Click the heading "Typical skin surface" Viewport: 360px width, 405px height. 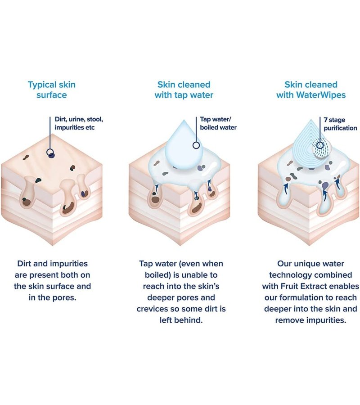coord(52,90)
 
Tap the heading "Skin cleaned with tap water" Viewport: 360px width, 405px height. coord(184,90)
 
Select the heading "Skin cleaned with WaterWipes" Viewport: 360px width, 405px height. coord(311,90)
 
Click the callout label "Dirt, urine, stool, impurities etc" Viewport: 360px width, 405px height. coord(79,123)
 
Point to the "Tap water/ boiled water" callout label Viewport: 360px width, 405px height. coord(218,123)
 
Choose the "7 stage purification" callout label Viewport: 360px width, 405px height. coord(340,124)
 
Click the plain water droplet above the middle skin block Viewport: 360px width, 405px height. coord(184,144)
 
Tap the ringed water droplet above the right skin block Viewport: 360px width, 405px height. coord(310,144)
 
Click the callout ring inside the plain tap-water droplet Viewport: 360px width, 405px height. coord(196,145)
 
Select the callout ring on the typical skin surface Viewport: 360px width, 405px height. coord(50,153)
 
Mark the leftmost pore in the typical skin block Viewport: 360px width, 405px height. coord(28,193)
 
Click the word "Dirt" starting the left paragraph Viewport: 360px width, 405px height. coord(24,263)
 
